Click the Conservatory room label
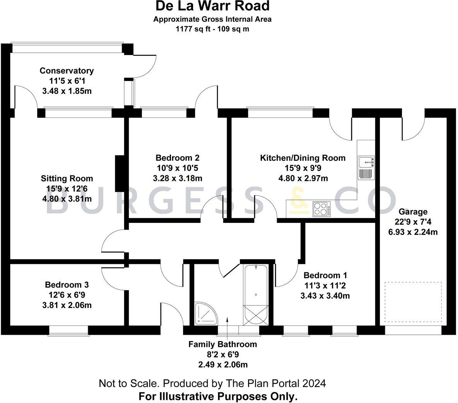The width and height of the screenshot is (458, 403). tap(67, 71)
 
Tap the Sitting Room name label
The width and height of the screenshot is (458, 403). tap(67, 179)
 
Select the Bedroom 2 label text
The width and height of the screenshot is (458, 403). tap(178, 158)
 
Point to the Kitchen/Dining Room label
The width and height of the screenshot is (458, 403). tap(303, 158)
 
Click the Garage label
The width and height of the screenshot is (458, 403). tap(413, 212)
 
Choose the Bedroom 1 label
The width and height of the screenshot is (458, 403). tap(325, 276)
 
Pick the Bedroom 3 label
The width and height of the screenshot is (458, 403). tap(67, 285)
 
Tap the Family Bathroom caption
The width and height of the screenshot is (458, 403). tap(223, 344)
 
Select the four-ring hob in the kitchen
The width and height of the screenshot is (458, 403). tap(321, 209)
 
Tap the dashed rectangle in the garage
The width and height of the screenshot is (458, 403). tap(413, 302)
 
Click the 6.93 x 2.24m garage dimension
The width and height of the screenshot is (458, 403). tap(413, 232)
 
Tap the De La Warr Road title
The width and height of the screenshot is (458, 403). tap(212, 6)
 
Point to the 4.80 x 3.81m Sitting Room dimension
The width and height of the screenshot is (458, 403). tap(67, 199)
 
